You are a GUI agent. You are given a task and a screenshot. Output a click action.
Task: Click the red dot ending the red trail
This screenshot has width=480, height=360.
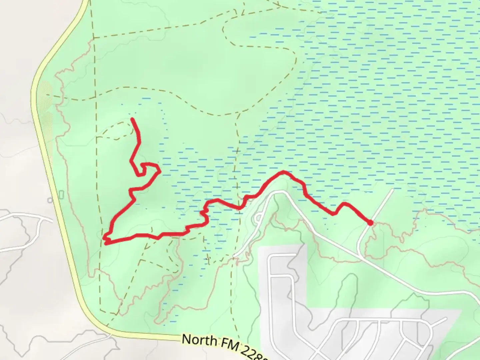(370, 223)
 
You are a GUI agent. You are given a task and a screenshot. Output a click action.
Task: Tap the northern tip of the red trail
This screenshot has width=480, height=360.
(133, 119)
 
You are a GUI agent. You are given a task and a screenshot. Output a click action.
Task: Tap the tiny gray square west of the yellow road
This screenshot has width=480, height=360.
(50, 200)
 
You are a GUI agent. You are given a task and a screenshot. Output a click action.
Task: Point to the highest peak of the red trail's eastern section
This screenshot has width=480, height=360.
(283, 172)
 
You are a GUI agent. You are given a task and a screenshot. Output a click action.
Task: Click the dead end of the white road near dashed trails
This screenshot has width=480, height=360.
(234, 256)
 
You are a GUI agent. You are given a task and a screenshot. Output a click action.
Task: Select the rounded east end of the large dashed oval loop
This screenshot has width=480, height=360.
(295, 58)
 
